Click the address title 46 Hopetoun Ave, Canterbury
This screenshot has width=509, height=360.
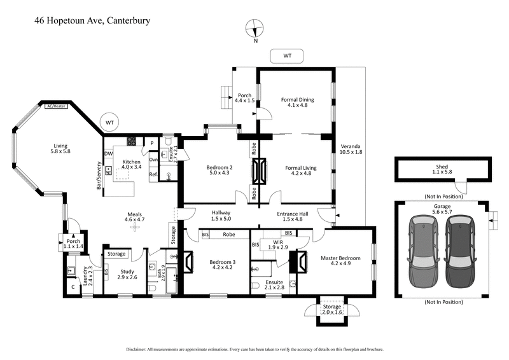tap(93, 20)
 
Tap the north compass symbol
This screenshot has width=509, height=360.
tap(256, 29)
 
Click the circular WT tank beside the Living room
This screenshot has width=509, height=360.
tap(109, 121)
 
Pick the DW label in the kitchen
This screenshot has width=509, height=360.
tap(109, 153)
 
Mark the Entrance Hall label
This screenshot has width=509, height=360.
tap(293, 216)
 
